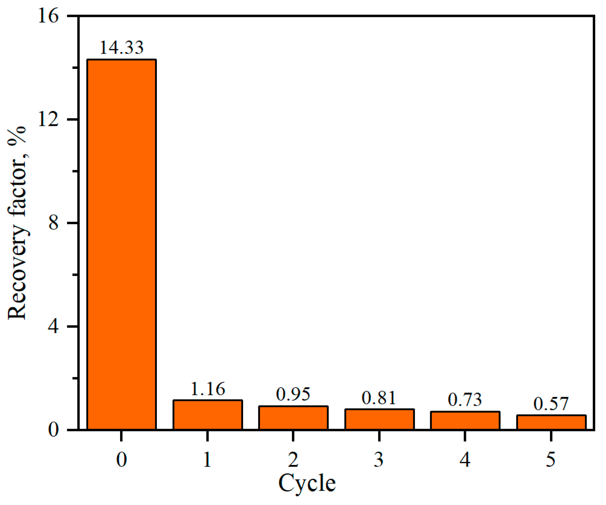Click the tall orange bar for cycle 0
pos(121,244)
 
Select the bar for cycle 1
pos(208,415)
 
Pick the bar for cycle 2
pos(293,418)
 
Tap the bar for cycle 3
pos(379,419)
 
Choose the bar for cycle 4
pos(465,420)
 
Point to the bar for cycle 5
pos(551,422)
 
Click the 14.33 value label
pos(121,47)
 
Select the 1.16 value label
pos(208,389)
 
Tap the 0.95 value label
pos(293,394)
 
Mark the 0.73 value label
pos(465,400)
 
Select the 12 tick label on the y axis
pos(48,120)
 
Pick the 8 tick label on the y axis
pos(53,223)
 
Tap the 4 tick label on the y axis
pos(53,326)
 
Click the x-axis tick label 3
pos(379,459)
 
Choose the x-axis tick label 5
pos(551,459)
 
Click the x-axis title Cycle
pos(307,484)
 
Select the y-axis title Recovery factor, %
pos(17,223)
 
